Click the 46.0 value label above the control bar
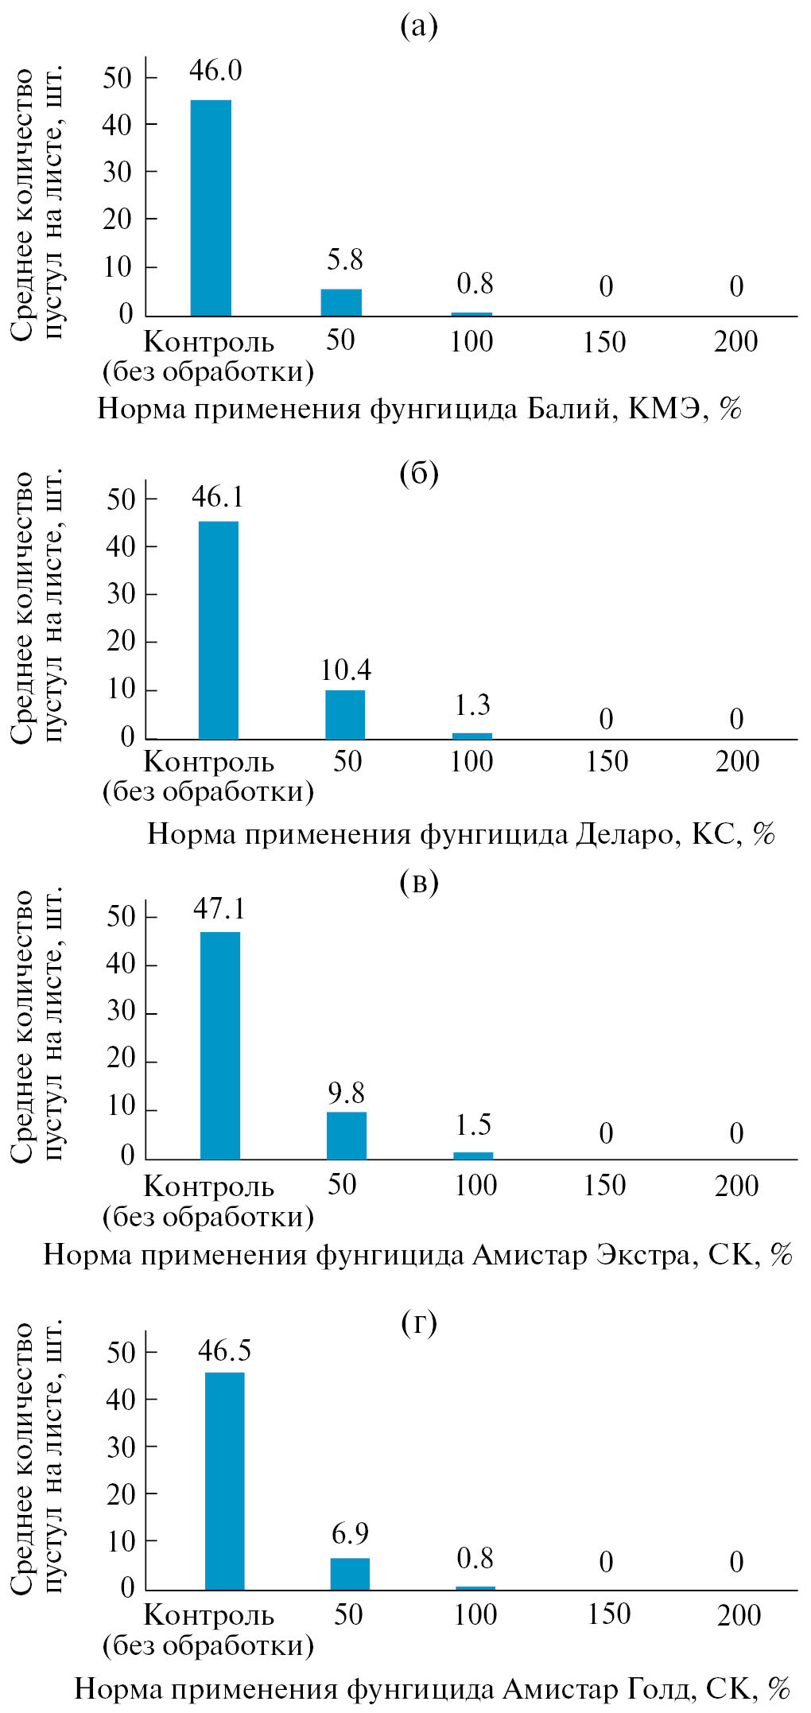point(215,71)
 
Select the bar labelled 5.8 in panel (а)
point(341,302)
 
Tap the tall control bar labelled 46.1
point(218,630)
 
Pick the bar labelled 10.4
point(345,714)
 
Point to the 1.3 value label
point(472,705)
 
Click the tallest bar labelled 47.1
point(220,1045)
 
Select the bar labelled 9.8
point(347,1135)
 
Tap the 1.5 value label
point(473,1125)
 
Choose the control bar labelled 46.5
point(225,1480)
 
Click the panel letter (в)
point(419,883)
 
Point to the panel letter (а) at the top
point(419,27)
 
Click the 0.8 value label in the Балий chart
point(475,284)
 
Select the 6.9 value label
point(350,1532)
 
